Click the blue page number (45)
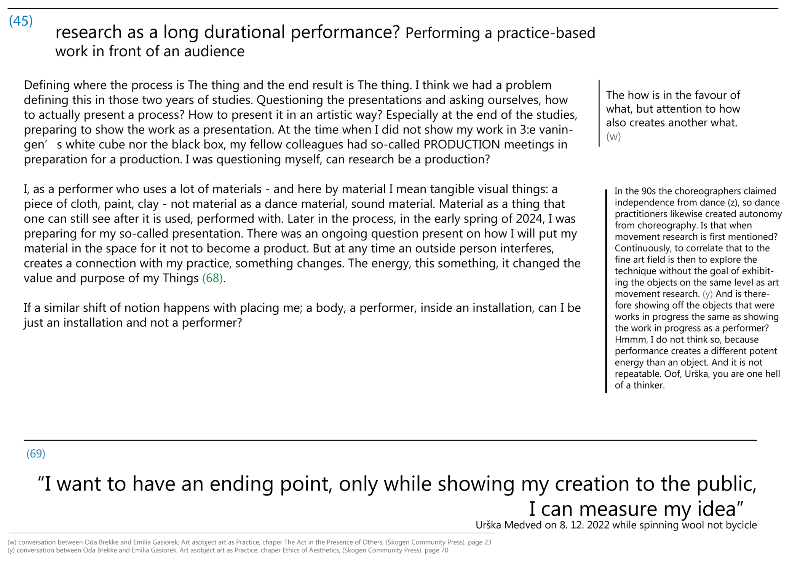pos(21,21)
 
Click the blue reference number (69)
pos(36,454)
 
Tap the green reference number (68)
pos(212,278)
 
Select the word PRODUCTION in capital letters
pos(461,145)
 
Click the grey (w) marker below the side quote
pos(613,136)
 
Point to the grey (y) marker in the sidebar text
pos(707,294)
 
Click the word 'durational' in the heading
pos(244,32)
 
